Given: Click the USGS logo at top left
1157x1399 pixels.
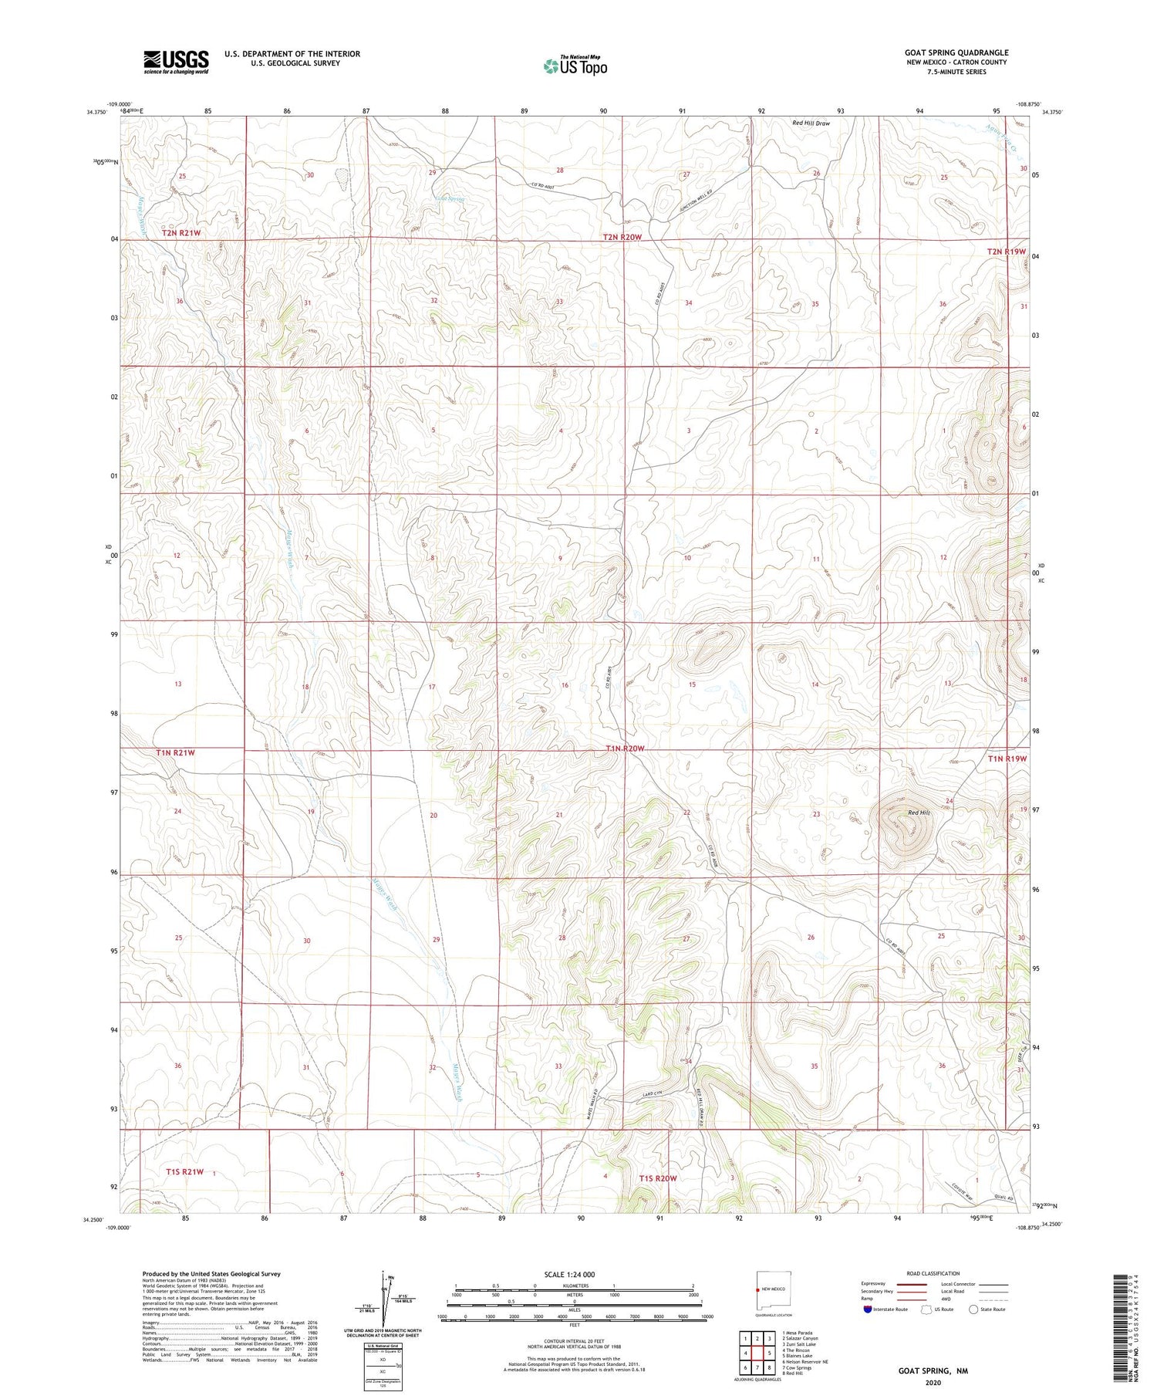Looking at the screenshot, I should (176, 62).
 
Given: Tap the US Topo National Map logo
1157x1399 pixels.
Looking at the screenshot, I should (575, 66).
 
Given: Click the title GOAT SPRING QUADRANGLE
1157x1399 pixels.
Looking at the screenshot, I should (956, 52).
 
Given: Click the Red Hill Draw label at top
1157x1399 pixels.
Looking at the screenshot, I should (811, 123).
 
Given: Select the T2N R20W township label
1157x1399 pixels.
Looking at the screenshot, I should (622, 237).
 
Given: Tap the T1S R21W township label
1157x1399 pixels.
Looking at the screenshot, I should (185, 1171).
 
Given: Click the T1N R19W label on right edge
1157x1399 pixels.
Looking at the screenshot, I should (1007, 759).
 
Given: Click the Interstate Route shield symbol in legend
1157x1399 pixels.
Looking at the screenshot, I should (867, 1309).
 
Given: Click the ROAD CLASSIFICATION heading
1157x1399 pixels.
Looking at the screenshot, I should (933, 1273).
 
